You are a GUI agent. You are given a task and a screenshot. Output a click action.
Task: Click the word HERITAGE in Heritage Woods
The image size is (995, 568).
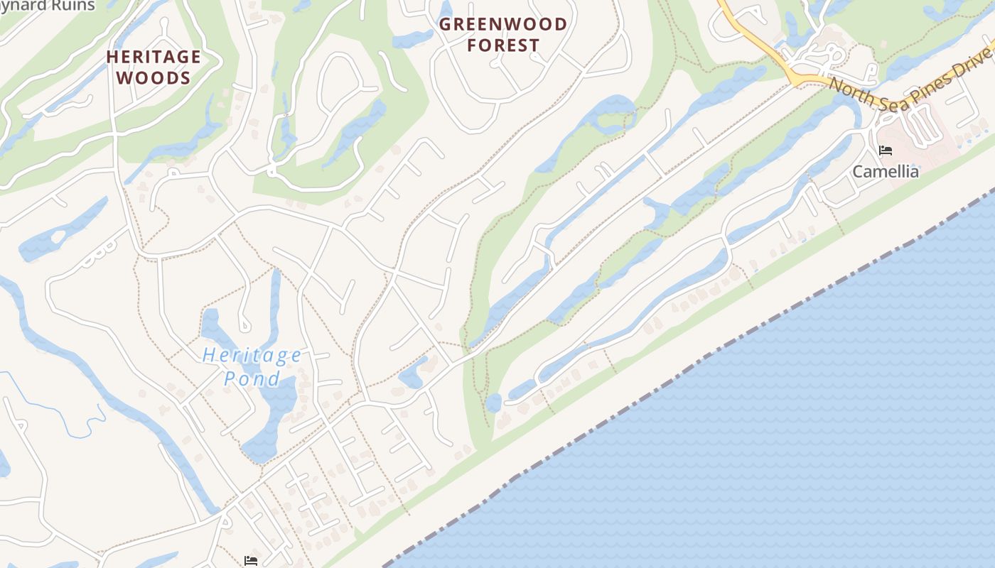pyautogui.click(x=154, y=57)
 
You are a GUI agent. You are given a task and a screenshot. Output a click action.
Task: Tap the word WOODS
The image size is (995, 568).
pyautogui.click(x=154, y=77)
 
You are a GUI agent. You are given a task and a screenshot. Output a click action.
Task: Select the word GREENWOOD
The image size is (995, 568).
pyautogui.click(x=503, y=25)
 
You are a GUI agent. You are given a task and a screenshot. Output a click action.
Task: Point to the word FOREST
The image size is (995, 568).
pyautogui.click(x=503, y=45)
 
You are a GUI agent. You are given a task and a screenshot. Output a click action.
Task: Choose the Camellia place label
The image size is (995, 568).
pyautogui.click(x=885, y=172)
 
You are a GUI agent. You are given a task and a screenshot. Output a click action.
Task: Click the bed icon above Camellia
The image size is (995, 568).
pyautogui.click(x=885, y=151)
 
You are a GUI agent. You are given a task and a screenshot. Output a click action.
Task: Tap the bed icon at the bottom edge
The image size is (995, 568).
pyautogui.click(x=250, y=561)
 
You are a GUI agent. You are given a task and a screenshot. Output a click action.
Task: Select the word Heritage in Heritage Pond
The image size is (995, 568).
pyautogui.click(x=252, y=356)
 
